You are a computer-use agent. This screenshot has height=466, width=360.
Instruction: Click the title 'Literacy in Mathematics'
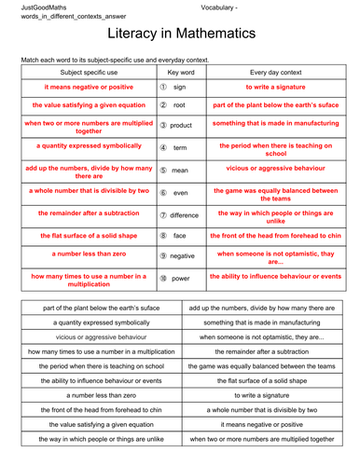(179, 34)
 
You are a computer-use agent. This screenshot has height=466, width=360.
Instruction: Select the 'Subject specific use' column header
(85, 71)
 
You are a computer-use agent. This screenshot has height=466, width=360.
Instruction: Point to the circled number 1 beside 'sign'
(162, 86)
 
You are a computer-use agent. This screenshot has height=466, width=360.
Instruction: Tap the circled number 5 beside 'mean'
(162, 171)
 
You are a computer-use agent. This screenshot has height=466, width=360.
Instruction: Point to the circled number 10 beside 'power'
(162, 278)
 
